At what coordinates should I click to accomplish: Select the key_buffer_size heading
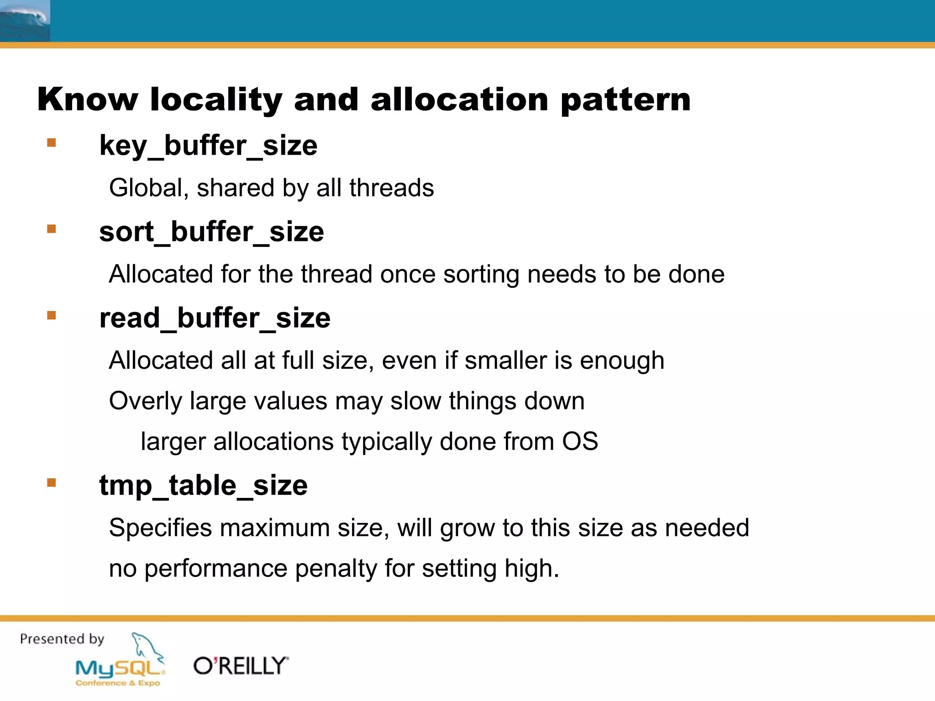pyautogui.click(x=208, y=146)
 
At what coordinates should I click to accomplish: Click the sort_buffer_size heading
pyautogui.click(x=211, y=232)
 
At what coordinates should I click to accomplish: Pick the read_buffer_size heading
pyautogui.click(x=215, y=318)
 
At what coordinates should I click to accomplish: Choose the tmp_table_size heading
pyautogui.click(x=203, y=485)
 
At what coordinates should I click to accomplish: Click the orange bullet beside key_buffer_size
pyautogui.click(x=52, y=143)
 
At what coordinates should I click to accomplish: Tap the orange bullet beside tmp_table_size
pyautogui.click(x=52, y=482)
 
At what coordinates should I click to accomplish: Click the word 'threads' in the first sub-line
pyautogui.click(x=391, y=188)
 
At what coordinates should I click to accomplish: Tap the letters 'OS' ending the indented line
pyautogui.click(x=579, y=442)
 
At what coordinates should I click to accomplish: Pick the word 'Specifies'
pyautogui.click(x=160, y=528)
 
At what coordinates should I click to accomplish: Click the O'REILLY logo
pyautogui.click(x=241, y=666)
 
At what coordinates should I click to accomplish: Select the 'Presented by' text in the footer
pyautogui.click(x=62, y=639)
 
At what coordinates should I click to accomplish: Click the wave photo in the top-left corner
pyautogui.click(x=25, y=21)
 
